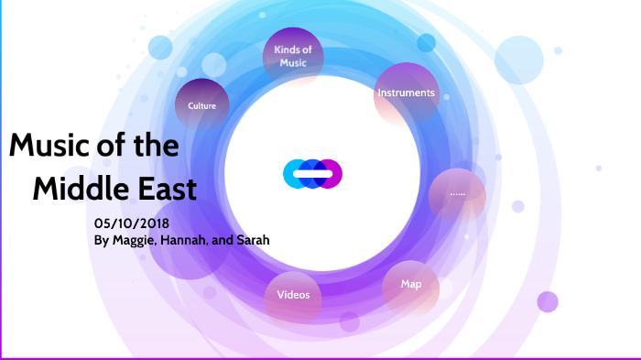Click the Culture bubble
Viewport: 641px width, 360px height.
pyautogui.click(x=201, y=105)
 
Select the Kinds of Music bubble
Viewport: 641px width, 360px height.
pyautogui.click(x=293, y=56)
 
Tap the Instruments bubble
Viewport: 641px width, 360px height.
pyautogui.click(x=405, y=93)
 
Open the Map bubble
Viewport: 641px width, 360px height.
pyautogui.click(x=411, y=285)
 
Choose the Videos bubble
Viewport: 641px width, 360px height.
pyautogui.click(x=293, y=295)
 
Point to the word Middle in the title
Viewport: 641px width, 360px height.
pyautogui.click(x=78, y=190)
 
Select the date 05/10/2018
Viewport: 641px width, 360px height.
pyautogui.click(x=133, y=224)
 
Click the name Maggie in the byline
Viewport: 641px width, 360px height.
pyautogui.click(x=138, y=241)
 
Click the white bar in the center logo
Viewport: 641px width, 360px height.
pyautogui.click(x=312, y=172)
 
